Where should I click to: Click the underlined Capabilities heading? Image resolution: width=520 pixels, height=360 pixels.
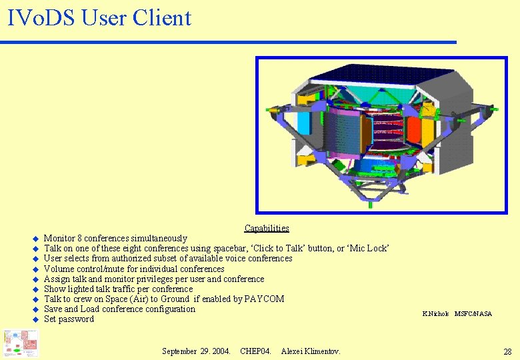pos(267,228)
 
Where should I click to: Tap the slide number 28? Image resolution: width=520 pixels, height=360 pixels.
pos(507,351)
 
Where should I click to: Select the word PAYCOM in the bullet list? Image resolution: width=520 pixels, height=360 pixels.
pos(265,299)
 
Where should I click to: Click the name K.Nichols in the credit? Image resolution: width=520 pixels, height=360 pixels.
pos(436,313)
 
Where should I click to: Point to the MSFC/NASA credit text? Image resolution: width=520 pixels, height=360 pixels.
pos(473,313)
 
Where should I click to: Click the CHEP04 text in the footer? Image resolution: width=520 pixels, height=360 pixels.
pos(255,351)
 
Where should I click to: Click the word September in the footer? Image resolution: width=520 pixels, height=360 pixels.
pos(179,351)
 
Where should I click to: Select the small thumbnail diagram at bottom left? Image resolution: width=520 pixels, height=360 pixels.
pos(20,343)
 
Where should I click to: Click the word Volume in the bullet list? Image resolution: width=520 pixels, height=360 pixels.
pos(58,269)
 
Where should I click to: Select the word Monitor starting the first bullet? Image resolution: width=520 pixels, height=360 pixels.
pos(59,238)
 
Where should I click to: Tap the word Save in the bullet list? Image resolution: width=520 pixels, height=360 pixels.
pos(53,309)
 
